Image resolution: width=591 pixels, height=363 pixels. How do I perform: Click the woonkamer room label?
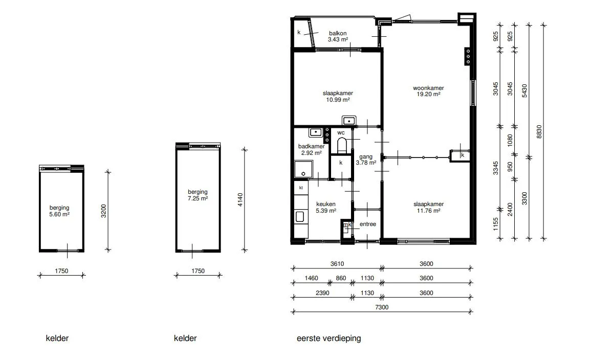point(428,88)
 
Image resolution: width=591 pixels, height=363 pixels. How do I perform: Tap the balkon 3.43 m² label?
point(338,36)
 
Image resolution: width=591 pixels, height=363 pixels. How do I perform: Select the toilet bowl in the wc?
point(342,145)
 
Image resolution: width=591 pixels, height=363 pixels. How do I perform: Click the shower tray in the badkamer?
point(303,169)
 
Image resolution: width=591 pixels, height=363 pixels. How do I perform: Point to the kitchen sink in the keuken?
point(300,216)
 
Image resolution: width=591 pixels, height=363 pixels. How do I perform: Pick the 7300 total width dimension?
point(382,307)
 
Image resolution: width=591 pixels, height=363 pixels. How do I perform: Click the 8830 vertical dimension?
point(539,132)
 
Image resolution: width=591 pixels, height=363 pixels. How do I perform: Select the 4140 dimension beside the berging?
point(240,199)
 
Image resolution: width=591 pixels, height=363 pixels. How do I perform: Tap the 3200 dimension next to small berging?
point(104,211)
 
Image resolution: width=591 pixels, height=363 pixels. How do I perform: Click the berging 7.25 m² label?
point(198,195)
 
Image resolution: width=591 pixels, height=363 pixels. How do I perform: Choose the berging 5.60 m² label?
point(59,211)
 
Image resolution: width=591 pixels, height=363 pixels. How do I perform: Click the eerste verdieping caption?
point(329,338)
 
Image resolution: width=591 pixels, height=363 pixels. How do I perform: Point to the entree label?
point(368,224)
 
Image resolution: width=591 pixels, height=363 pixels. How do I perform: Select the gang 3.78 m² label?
point(366,160)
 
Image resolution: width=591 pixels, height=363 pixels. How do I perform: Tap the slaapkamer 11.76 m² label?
point(429,208)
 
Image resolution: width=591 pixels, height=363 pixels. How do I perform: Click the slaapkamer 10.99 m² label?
point(338,97)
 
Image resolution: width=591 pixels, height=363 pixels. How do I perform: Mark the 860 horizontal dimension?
point(341,278)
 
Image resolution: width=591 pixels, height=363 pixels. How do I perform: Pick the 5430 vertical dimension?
point(524,91)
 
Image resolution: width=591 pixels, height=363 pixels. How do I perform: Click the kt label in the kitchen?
point(301,188)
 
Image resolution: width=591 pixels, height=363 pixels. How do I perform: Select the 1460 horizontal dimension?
point(311,278)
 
